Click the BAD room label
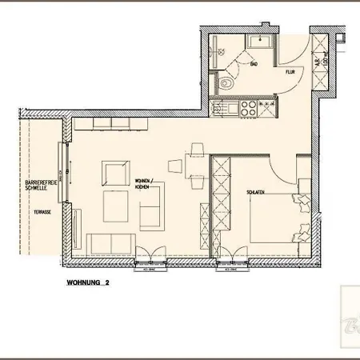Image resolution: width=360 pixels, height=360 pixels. coord(253,63)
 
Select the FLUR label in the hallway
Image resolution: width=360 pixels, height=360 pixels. coord(290,72)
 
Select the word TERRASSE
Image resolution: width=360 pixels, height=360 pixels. coord(42,211)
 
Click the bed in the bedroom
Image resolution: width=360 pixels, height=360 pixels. coord(276,216)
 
